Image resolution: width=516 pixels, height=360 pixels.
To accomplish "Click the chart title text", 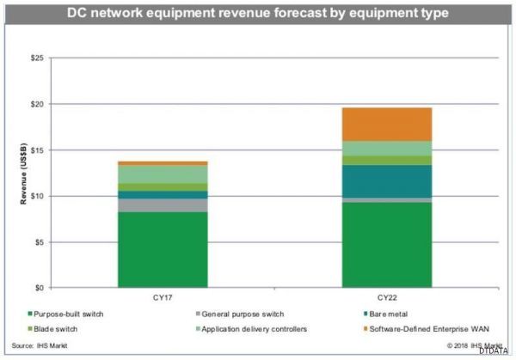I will (x=258, y=13).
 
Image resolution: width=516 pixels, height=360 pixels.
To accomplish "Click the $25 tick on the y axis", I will (x=39, y=58).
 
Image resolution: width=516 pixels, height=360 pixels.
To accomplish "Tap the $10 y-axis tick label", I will (x=39, y=196).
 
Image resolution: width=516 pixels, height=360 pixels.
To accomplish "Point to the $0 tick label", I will (x=40, y=288).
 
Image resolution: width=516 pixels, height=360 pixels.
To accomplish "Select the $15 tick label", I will (x=39, y=150).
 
